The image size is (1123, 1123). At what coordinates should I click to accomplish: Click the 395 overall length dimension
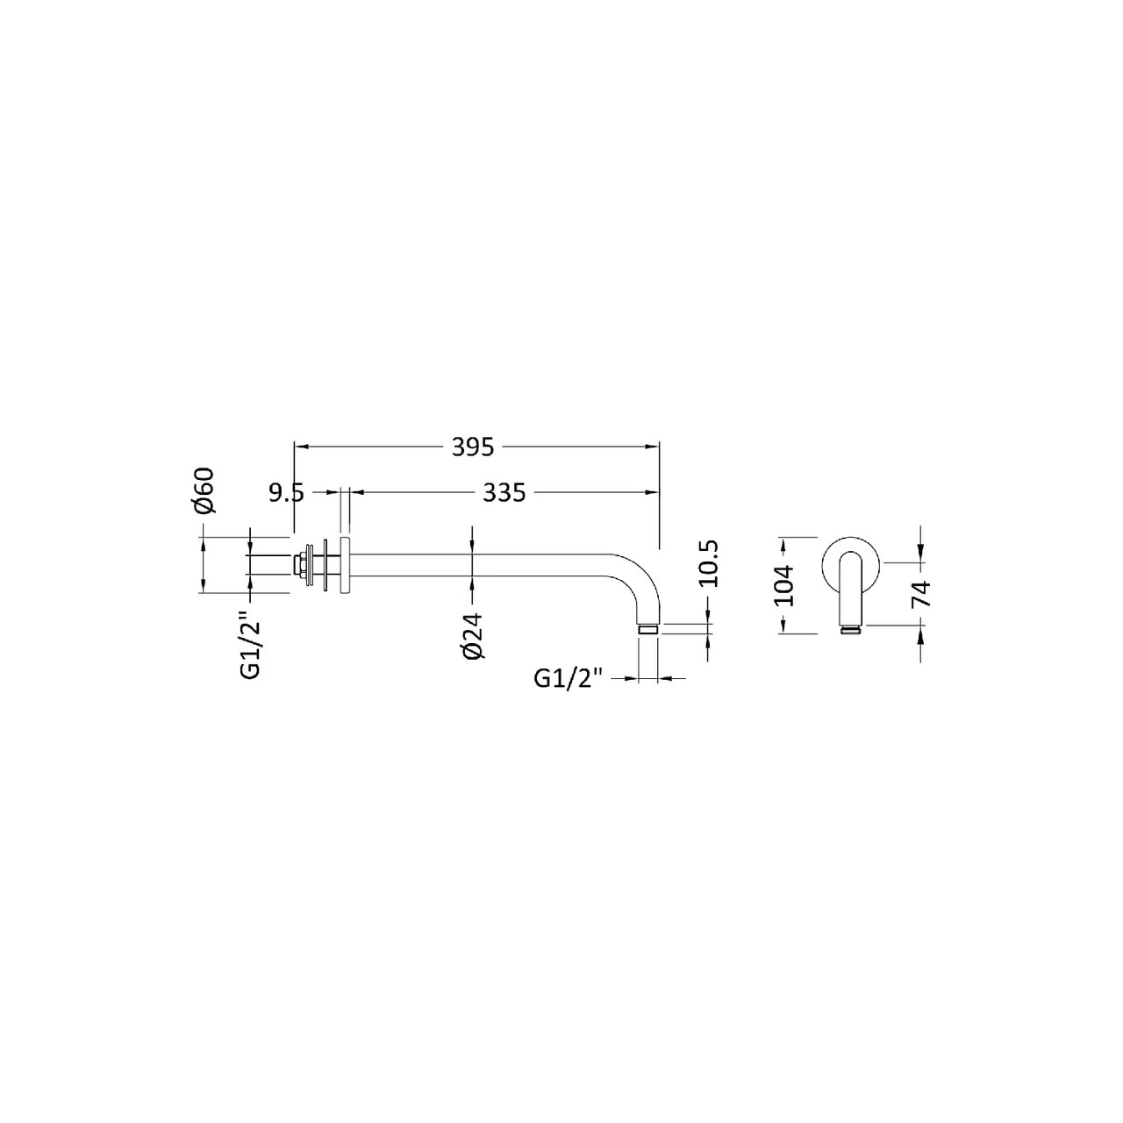coord(474,447)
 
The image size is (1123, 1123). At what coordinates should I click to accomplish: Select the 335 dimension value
coord(504,493)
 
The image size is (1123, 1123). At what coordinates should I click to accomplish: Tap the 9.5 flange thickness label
coord(286,493)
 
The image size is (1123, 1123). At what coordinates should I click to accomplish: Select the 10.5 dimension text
coord(710,563)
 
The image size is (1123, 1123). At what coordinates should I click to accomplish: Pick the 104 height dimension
coord(784,584)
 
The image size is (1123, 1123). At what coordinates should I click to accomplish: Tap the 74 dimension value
coord(920,594)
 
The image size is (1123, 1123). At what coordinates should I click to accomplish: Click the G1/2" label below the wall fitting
coord(249,647)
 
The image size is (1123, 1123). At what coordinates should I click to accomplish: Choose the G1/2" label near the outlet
coord(570,678)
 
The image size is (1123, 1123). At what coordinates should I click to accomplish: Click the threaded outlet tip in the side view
coord(648,629)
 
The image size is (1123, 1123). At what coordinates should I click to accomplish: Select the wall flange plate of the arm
coord(344,565)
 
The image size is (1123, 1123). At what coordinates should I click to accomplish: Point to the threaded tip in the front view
coord(851,629)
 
